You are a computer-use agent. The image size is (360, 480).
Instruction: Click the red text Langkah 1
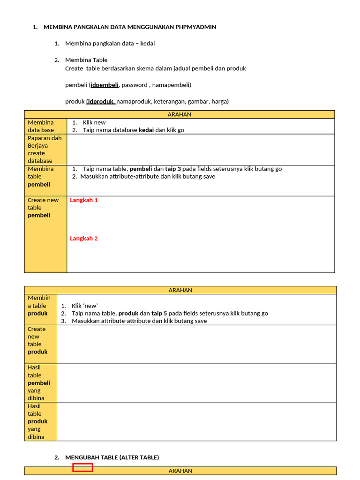[x=84, y=200]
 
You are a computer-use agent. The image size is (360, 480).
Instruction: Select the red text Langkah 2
[x=84, y=239]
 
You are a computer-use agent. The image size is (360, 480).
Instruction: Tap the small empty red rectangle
[x=82, y=467]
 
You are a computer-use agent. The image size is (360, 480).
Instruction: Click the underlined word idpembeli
[x=105, y=85]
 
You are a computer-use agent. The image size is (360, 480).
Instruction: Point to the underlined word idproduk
[x=101, y=101]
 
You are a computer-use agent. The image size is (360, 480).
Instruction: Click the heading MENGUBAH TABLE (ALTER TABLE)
[x=112, y=457]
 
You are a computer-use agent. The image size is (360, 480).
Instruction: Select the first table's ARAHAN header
[x=180, y=114]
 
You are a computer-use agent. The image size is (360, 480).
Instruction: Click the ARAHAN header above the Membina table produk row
[x=180, y=290]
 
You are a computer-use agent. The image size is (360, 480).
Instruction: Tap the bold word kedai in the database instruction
[x=146, y=130]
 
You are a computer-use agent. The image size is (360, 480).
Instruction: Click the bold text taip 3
[x=173, y=169]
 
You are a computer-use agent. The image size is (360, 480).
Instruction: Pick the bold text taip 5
[x=159, y=313]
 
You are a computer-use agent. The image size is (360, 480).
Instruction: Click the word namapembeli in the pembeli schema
[x=171, y=85]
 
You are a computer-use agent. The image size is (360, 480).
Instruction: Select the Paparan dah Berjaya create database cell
[x=45, y=150]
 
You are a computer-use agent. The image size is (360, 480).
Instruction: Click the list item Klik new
[x=94, y=123]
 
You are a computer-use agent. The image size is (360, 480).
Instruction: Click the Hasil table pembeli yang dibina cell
[x=40, y=382]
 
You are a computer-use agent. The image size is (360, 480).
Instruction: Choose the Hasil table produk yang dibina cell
[x=40, y=421]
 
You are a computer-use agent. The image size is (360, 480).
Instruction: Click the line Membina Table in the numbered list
[x=86, y=60]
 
